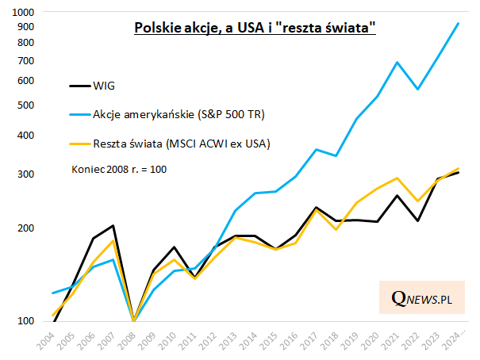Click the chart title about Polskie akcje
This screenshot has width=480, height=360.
coord(255,29)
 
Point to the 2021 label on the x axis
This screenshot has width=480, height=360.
coord(394,341)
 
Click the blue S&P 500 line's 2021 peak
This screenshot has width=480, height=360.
coord(397,63)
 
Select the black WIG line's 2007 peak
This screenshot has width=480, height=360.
coord(114,226)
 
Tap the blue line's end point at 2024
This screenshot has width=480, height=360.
coord(459,23)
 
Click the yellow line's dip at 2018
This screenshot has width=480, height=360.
coord(336,229)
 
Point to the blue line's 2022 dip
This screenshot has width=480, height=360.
coord(417,90)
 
